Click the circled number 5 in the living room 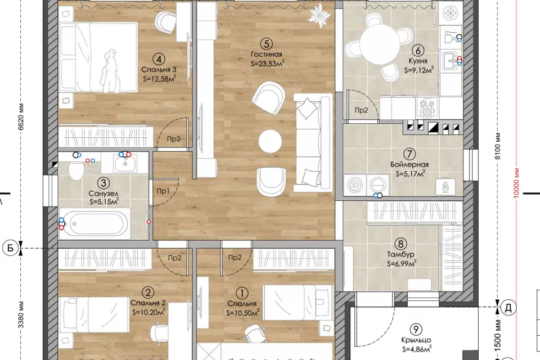[x=267, y=43]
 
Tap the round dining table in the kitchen [x=379, y=44]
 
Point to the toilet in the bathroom [x=76, y=170]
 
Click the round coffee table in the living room [x=271, y=141]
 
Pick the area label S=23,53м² [x=268, y=63]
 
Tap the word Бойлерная [x=409, y=164]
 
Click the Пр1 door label [x=163, y=191]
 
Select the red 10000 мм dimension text [x=516, y=183]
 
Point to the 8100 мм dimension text [x=498, y=146]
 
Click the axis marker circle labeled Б [x=11, y=248]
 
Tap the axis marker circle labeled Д [x=508, y=308]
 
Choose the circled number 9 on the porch [x=416, y=329]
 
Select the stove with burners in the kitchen [x=427, y=108]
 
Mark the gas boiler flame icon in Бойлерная [x=445, y=186]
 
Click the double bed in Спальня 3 [x=98, y=57]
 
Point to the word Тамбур [x=400, y=255]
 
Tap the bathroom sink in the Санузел [x=125, y=163]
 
